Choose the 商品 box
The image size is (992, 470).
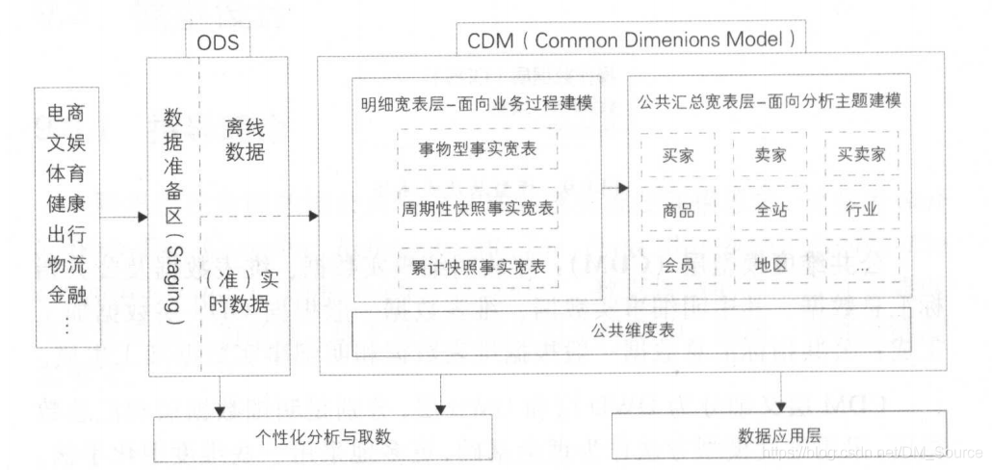pos(679,209)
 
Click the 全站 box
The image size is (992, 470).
pos(770,209)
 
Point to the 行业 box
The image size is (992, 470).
pos(861,209)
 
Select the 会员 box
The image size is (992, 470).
pos(679,265)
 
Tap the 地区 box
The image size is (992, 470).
pos(770,265)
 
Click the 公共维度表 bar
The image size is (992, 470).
pos(630,333)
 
